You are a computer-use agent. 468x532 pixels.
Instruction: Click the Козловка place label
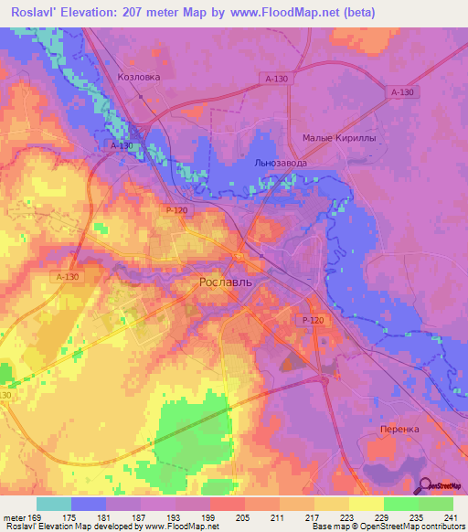139,78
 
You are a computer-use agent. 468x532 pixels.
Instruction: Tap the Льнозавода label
280,163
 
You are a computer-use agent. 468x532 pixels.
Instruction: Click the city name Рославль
226,283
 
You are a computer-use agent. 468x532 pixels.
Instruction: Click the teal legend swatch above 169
53,504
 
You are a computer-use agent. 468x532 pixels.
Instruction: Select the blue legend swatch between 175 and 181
88,504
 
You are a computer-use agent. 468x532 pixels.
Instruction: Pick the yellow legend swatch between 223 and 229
366,504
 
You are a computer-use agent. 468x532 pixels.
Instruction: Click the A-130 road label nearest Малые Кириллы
401,92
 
